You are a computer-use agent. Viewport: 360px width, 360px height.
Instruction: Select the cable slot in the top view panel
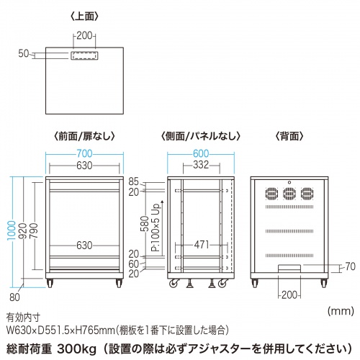85,54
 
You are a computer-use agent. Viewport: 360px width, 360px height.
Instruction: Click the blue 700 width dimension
85,153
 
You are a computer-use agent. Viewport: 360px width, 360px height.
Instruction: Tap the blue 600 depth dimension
201,153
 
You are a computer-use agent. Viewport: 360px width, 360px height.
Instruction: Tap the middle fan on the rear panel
288,193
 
